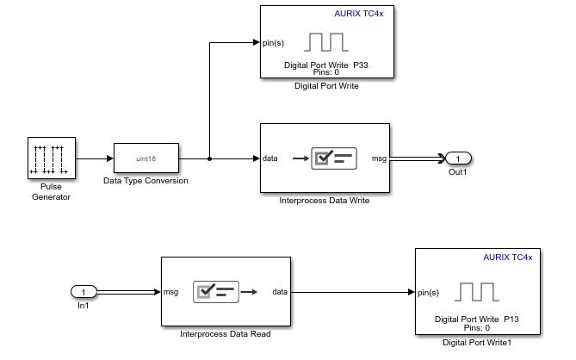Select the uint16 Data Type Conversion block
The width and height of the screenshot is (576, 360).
point(146,158)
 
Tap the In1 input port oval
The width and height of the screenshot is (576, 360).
point(84,292)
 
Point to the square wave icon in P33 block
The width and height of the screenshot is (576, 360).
point(326,42)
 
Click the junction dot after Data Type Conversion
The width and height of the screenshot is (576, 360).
point(210,158)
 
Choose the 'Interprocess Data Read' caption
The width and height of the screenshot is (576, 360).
point(226,333)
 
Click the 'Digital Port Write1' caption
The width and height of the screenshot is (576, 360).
point(476,342)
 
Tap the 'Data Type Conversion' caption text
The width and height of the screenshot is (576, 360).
point(146,181)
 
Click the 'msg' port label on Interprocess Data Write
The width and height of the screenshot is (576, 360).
point(379,158)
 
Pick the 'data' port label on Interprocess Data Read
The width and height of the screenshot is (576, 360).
point(279,292)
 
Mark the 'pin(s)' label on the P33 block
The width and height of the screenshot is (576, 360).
point(274,42)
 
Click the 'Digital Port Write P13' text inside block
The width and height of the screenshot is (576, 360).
point(475,319)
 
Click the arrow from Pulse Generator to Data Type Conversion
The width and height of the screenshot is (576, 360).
point(95,158)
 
